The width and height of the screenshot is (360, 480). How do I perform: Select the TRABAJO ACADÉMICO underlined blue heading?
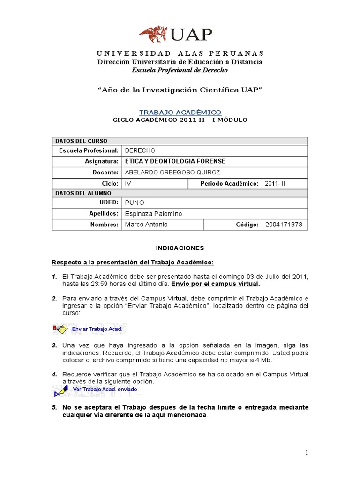(180, 112)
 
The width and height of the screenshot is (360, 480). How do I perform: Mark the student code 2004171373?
(284, 225)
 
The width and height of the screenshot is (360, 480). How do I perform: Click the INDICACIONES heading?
(180, 247)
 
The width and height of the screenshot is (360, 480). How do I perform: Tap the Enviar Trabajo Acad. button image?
(89, 329)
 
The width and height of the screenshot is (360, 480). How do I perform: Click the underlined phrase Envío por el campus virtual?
(215, 284)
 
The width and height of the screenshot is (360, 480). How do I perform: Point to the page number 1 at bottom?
(307, 452)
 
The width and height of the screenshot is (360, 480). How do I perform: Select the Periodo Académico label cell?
(229, 183)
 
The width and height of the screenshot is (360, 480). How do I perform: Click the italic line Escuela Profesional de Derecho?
(180, 70)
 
